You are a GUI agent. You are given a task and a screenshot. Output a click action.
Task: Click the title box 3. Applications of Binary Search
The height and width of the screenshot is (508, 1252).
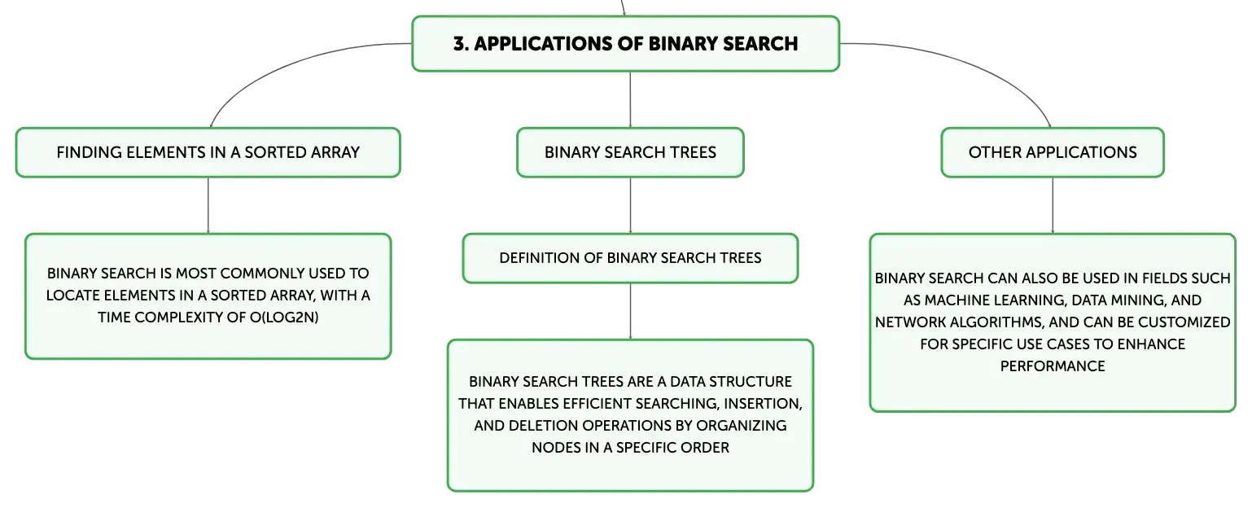625,44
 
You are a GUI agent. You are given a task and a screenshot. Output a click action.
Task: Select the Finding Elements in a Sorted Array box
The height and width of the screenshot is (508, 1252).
208,152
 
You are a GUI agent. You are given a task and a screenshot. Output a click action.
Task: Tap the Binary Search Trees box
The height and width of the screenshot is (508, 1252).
630,152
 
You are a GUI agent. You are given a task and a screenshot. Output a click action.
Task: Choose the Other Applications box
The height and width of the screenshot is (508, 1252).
1053,152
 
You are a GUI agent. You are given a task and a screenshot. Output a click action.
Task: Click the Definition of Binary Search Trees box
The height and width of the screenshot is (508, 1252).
630,258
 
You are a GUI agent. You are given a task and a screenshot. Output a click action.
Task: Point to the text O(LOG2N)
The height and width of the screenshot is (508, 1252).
284,317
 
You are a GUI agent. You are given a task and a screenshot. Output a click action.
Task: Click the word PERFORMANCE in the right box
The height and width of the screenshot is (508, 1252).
1053,366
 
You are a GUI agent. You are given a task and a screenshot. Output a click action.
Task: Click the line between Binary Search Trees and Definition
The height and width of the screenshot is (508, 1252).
630,205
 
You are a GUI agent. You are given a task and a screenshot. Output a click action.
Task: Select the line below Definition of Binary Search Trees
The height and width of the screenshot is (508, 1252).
630,311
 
